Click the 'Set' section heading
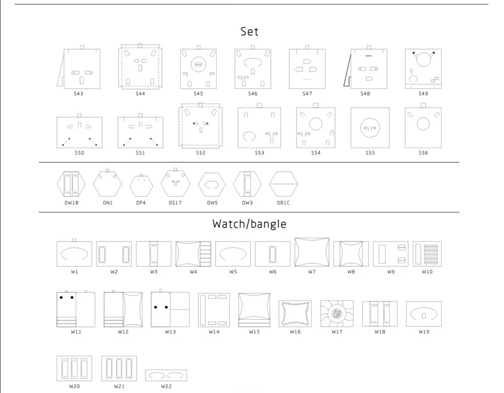pyautogui.click(x=249, y=32)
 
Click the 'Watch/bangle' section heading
pyautogui.click(x=249, y=224)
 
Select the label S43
pyautogui.click(x=78, y=94)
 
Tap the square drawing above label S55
pyautogui.click(x=370, y=128)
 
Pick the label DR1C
pyautogui.click(x=283, y=202)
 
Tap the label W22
pyautogui.click(x=166, y=386)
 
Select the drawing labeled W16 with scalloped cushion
pyautogui.click(x=295, y=313)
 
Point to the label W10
pyautogui.click(x=427, y=272)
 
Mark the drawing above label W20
pyautogui.click(x=74, y=368)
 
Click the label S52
pyautogui.click(x=200, y=153)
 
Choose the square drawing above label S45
pyautogui.click(x=198, y=69)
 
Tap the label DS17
pyautogui.click(x=175, y=202)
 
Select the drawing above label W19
pyautogui.click(x=423, y=314)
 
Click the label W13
pyautogui.click(x=170, y=332)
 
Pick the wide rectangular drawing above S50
pyautogui.click(x=79, y=132)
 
